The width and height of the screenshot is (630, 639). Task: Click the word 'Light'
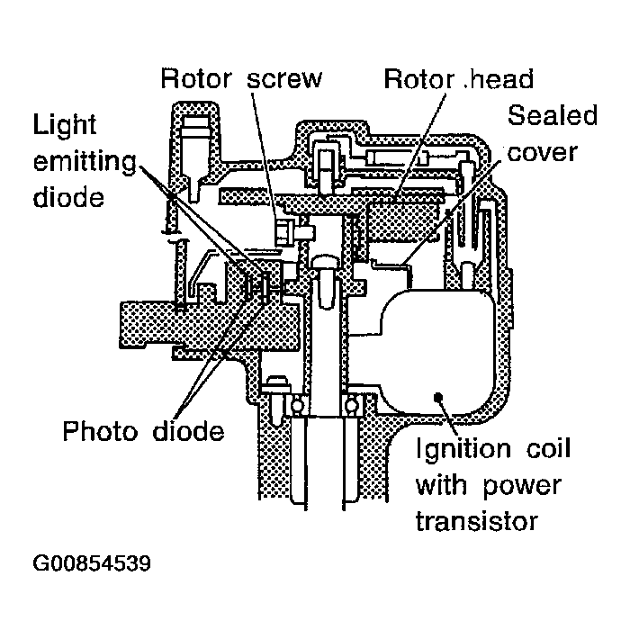(65, 125)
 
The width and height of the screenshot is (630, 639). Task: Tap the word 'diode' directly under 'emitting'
(68, 196)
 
